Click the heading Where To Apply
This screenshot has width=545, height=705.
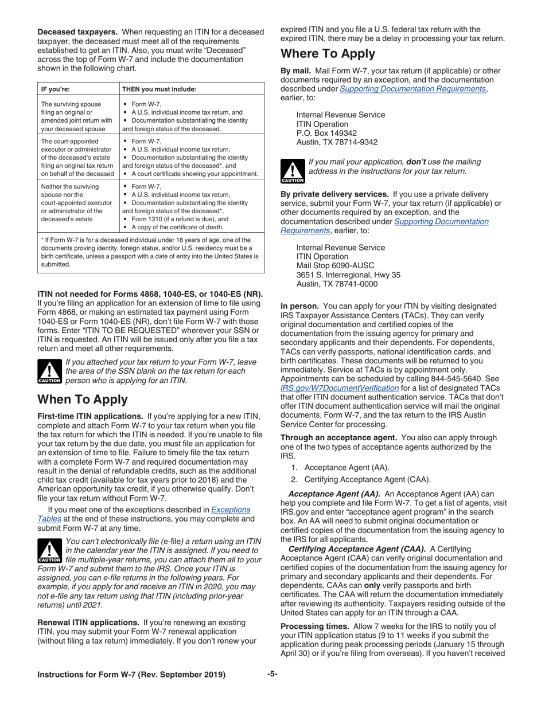pyautogui.click(x=328, y=54)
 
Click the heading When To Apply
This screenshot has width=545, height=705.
pyautogui.click(x=82, y=399)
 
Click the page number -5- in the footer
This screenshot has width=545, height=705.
pyautogui.click(x=272, y=674)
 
